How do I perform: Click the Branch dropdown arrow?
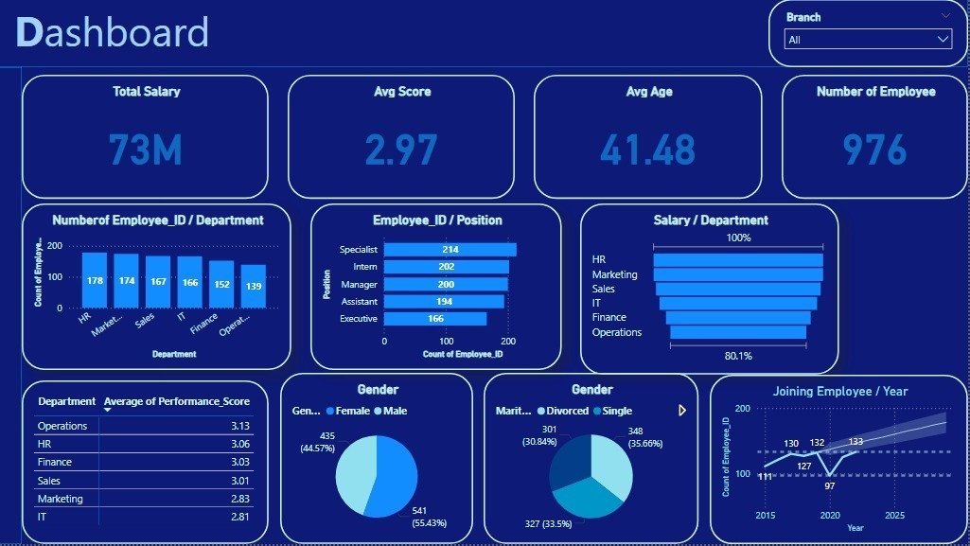click(x=943, y=39)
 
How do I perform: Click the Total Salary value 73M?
click(x=145, y=150)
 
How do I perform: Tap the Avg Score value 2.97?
click(x=401, y=150)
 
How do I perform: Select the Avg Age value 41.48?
click(x=647, y=150)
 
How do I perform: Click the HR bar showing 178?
click(x=95, y=280)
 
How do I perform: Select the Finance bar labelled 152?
click(x=221, y=284)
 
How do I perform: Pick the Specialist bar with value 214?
click(x=450, y=250)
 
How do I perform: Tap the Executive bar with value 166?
click(x=434, y=319)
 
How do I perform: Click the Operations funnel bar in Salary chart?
click(x=738, y=332)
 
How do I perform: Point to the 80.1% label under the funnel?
click(x=738, y=356)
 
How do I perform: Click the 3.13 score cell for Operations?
click(x=239, y=426)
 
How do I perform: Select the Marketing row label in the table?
click(x=61, y=499)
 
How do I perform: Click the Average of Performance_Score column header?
click(x=176, y=401)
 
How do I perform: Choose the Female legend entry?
click(x=349, y=411)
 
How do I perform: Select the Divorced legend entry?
click(x=565, y=411)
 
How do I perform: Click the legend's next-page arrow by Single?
click(x=681, y=411)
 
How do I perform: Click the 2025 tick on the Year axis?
click(x=893, y=516)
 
